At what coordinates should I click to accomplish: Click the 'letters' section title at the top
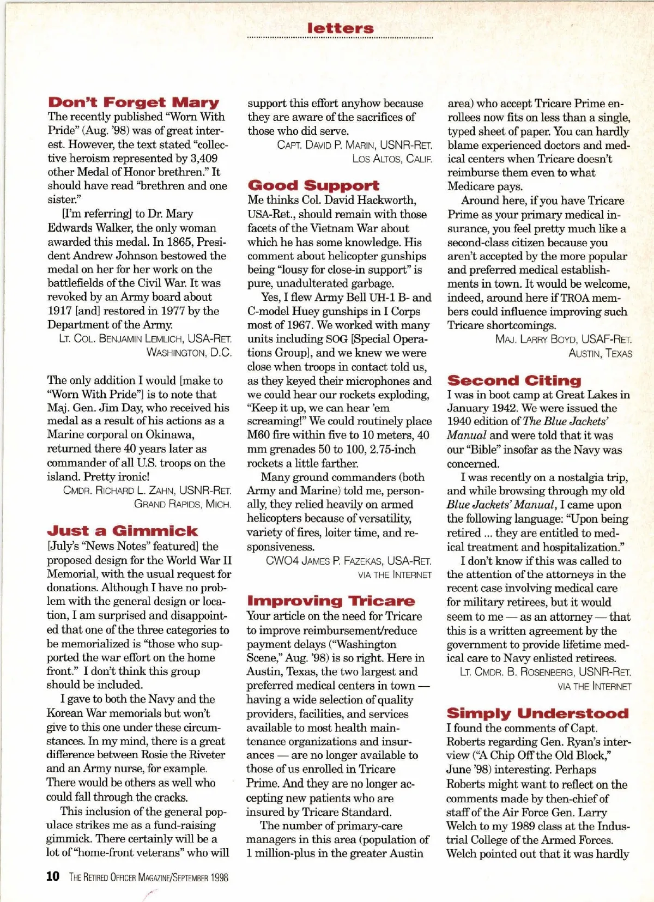pyautogui.click(x=340, y=28)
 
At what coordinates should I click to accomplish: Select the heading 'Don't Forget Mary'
pyautogui.click(x=134, y=102)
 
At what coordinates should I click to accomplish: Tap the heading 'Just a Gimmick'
pyautogui.click(x=122, y=531)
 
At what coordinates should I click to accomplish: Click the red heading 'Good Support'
pyautogui.click(x=313, y=186)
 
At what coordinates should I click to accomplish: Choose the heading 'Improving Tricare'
pyautogui.click(x=331, y=601)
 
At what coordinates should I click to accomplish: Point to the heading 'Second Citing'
pyautogui.click(x=514, y=380)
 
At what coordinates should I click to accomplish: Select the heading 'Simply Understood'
pyautogui.click(x=537, y=713)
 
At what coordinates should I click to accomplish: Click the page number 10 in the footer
pyautogui.click(x=53, y=876)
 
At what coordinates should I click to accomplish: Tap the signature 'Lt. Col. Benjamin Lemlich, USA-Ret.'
pyautogui.click(x=145, y=338)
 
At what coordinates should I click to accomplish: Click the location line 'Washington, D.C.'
pyautogui.click(x=189, y=353)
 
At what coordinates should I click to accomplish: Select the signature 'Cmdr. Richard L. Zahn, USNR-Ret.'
pyautogui.click(x=147, y=490)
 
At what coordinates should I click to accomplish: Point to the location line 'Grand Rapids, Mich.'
pyautogui.click(x=183, y=504)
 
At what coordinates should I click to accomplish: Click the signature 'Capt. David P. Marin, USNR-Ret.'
pyautogui.click(x=354, y=145)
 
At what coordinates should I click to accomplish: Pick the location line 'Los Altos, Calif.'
pyautogui.click(x=392, y=159)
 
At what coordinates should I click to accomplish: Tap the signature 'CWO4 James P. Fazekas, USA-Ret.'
pyautogui.click(x=348, y=561)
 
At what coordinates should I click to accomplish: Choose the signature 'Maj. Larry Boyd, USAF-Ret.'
pyautogui.click(x=564, y=339)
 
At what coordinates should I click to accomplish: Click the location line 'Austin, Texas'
pyautogui.click(x=600, y=353)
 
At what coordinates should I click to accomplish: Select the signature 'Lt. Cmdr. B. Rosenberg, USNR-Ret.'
pyautogui.click(x=545, y=672)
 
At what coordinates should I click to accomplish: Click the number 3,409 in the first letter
pyautogui.click(x=203, y=159)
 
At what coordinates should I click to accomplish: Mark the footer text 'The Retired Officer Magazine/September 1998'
pyautogui.click(x=148, y=877)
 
